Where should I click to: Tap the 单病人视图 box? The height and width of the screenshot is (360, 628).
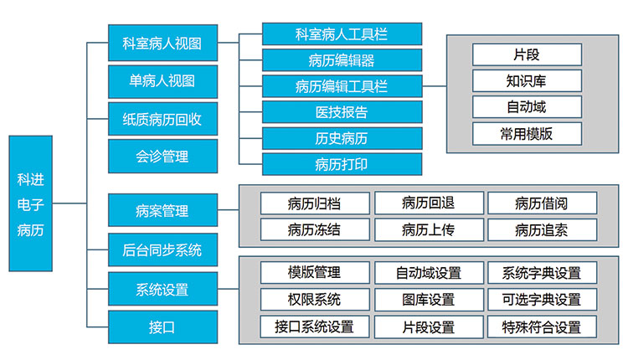[157, 81]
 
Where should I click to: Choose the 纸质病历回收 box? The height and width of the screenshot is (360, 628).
[157, 119]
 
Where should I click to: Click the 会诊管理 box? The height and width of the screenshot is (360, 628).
[157, 156]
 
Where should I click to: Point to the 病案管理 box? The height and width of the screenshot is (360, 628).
[157, 211]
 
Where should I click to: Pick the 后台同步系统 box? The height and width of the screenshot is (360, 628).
[157, 249]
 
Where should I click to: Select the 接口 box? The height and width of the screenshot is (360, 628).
[157, 327]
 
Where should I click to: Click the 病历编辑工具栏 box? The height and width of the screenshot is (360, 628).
[342, 85]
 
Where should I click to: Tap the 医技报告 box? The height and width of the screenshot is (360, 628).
[342, 111]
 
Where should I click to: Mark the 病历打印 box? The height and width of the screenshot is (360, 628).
[342, 163]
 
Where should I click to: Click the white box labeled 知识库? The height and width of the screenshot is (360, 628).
[527, 80]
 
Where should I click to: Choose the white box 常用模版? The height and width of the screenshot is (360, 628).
[527, 133]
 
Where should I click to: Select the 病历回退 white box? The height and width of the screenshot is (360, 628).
[429, 203]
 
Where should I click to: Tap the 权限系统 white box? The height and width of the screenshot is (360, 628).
[314, 299]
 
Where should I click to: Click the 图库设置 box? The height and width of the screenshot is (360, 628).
[429, 299]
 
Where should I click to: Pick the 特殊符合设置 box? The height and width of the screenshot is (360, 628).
[542, 327]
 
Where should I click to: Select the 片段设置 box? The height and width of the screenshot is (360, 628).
[429, 327]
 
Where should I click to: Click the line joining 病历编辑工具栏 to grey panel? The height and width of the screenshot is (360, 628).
[434, 85]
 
